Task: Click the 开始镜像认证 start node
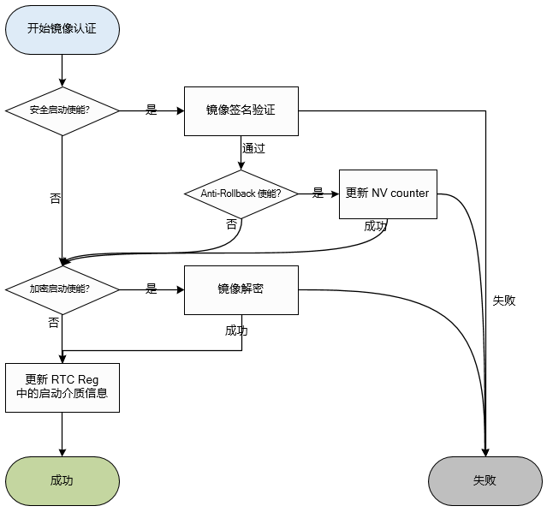point(62,29)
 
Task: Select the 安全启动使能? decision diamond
point(62,110)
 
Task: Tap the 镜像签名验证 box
point(241,110)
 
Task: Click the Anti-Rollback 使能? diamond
point(241,193)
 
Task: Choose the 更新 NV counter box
point(387,193)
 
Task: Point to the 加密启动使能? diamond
point(62,289)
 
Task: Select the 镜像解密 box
point(241,289)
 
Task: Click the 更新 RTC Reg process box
point(62,388)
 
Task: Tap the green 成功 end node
point(62,480)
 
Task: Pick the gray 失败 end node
point(485,480)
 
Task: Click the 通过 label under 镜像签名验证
point(253,148)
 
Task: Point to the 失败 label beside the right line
point(504,301)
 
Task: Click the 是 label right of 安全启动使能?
point(152,110)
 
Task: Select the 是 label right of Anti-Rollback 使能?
point(318,193)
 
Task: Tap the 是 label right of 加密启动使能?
point(152,289)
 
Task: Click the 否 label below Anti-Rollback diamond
point(231,223)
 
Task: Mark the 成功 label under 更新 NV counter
point(375,226)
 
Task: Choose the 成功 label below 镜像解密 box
point(236,330)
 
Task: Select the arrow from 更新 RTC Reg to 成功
point(62,434)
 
